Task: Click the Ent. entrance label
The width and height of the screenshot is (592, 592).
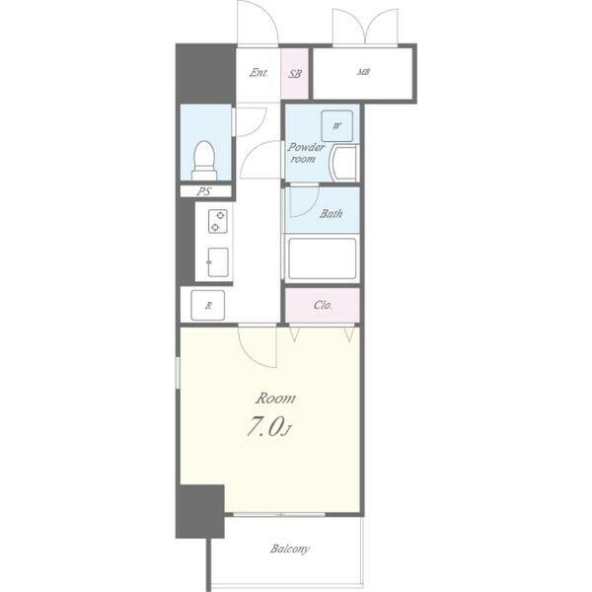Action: click(x=259, y=72)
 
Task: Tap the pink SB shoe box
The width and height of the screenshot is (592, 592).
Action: click(x=295, y=74)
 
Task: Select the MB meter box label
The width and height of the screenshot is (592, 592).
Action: click(x=363, y=72)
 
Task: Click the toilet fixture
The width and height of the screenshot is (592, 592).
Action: click(x=204, y=161)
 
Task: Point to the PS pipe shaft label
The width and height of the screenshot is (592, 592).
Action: click(x=204, y=191)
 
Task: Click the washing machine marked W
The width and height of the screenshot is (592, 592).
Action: click(x=336, y=126)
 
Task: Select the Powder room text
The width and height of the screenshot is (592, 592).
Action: click(x=306, y=153)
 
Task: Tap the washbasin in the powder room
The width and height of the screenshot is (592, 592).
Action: click(x=344, y=163)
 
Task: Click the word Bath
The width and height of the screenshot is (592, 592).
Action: click(x=332, y=214)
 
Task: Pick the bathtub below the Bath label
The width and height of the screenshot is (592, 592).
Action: click(x=322, y=259)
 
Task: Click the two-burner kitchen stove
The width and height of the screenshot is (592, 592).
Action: click(x=218, y=221)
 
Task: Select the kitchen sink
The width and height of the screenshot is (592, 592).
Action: click(x=218, y=262)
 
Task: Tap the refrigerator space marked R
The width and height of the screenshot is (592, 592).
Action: click(x=207, y=306)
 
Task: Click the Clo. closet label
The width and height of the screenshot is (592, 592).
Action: click(x=323, y=305)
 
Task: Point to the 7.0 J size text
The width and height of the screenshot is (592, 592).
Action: click(x=268, y=426)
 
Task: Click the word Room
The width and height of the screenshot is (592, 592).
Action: click(x=275, y=399)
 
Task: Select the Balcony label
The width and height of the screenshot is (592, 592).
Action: click(x=289, y=549)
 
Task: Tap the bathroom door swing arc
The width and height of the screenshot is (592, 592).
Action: click(x=308, y=207)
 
